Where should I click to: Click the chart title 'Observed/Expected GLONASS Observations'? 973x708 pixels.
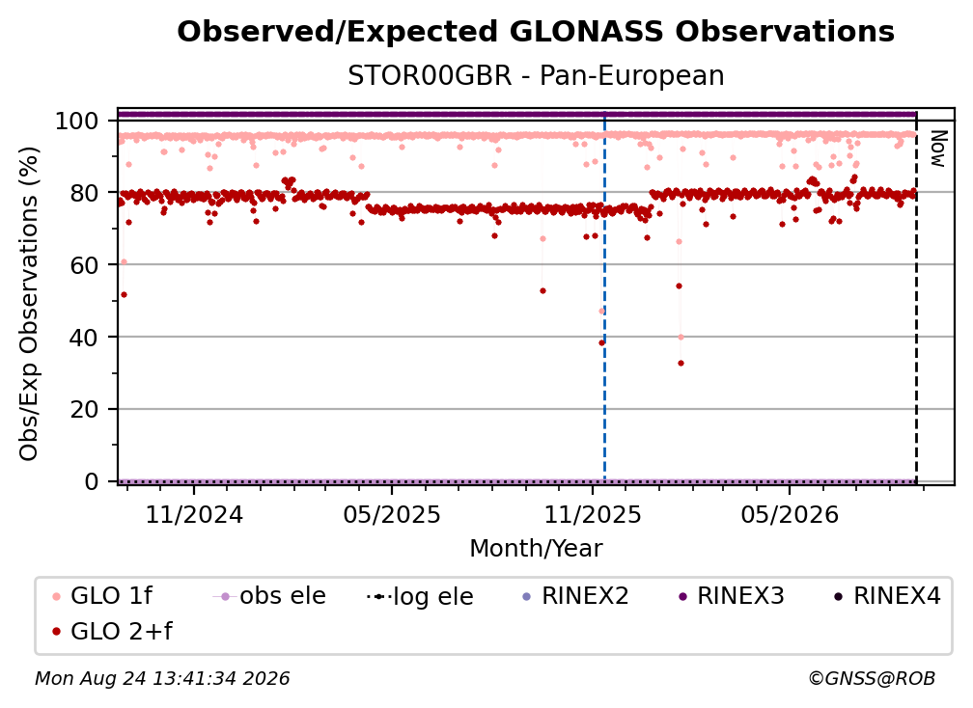point(536,32)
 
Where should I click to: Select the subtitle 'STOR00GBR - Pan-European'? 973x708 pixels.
point(536,75)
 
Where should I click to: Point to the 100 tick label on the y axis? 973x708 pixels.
point(77,121)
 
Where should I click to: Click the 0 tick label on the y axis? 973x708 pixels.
point(92,481)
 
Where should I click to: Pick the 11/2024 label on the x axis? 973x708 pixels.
point(194,514)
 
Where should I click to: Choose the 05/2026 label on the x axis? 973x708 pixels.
point(790,514)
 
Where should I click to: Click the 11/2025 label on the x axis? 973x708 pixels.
point(593,514)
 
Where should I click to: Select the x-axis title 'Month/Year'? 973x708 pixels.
point(536,548)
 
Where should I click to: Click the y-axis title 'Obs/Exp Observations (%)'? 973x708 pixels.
point(29,304)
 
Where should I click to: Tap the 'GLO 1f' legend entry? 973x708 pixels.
point(102,596)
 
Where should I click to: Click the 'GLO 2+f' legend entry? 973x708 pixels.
point(112,632)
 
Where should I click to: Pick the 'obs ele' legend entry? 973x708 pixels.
point(268,596)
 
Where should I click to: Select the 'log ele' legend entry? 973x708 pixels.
point(420,596)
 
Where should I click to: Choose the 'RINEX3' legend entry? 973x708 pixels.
point(732,596)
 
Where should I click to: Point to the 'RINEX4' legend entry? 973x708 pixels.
point(887,596)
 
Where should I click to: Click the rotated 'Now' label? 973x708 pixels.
point(937,149)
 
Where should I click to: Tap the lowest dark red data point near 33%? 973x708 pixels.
point(681,364)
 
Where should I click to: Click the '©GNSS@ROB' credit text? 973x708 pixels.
point(872,679)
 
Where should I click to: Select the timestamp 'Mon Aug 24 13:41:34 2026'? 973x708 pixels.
point(162,679)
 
